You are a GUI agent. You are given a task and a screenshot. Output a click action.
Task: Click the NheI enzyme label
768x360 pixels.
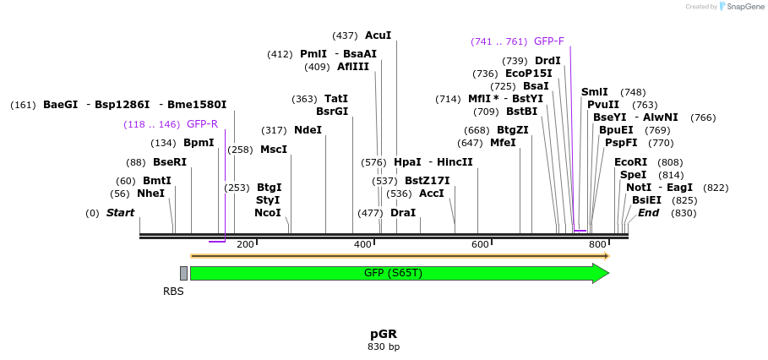coord(150,194)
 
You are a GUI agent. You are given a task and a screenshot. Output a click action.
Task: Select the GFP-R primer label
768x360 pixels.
coord(202,124)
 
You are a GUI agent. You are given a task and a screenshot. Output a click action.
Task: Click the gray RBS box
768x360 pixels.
coord(183,273)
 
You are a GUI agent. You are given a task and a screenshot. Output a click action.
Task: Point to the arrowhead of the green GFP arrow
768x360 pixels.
coord(601,273)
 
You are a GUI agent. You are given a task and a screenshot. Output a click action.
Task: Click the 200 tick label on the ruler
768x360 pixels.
coord(245,244)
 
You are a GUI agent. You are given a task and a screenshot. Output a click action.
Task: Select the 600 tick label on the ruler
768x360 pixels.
coord(480,244)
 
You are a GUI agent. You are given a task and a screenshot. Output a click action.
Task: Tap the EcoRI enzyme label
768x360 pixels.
coord(630,162)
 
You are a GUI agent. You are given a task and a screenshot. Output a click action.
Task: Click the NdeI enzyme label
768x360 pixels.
coord(308,130)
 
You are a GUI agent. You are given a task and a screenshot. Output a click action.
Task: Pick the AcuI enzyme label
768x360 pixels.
coord(378,35)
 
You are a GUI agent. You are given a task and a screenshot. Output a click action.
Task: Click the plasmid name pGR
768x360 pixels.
coord(384,334)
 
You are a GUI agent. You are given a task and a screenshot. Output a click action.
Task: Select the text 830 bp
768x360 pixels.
coord(384,346)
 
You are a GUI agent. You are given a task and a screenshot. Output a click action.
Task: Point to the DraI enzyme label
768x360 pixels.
coord(403,213)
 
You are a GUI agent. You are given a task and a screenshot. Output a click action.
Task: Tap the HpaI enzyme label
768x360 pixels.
coord(407,162)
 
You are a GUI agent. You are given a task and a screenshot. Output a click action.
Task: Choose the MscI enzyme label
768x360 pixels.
coord(273,150)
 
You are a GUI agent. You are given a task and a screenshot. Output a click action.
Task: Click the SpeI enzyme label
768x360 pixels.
coord(633,175)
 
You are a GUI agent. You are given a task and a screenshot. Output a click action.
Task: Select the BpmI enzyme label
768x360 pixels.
coord(199,143)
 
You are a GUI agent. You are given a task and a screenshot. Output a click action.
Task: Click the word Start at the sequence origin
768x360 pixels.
coord(120,213)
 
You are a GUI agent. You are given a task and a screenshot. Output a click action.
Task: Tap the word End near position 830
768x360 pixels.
coord(648,213)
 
